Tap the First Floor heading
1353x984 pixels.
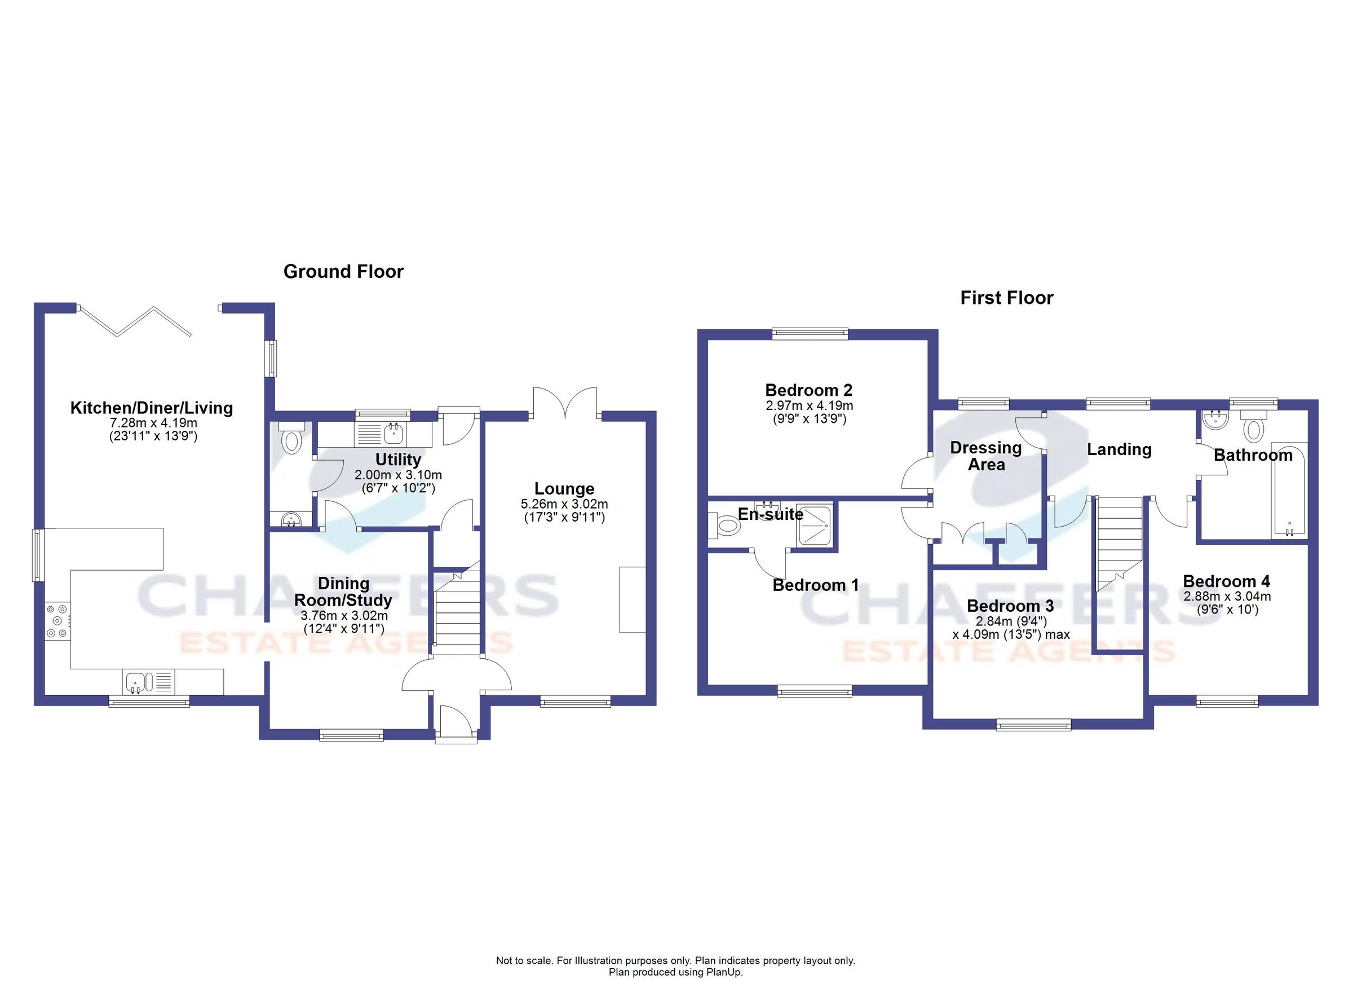point(1006,298)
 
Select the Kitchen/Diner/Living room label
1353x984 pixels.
point(152,408)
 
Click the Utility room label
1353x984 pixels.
point(398,460)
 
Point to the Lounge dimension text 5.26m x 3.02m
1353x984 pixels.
point(564,504)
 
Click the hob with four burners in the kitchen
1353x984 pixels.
point(57,621)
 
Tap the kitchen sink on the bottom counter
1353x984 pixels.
point(137,681)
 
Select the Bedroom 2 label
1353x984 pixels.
point(808,390)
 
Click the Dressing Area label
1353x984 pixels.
point(985,456)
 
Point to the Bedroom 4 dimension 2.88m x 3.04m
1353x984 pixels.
point(1227,596)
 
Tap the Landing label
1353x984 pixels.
point(1118,449)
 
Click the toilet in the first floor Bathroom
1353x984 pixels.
point(1253,428)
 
